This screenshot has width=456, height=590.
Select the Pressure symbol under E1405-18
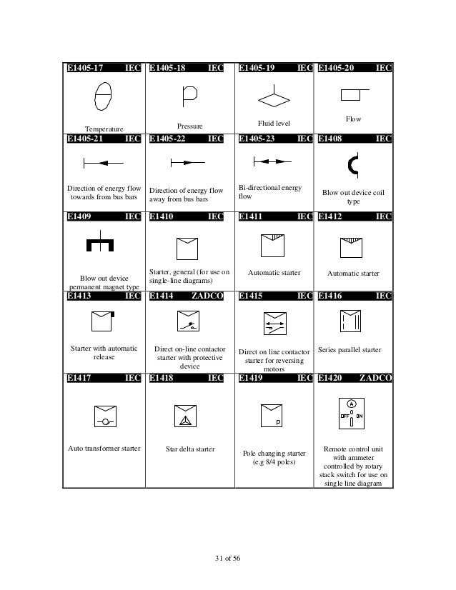click(189, 94)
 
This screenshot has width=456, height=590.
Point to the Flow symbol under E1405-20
click(354, 94)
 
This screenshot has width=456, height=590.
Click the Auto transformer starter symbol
click(104, 417)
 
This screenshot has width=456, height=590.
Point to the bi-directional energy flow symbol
click(272, 163)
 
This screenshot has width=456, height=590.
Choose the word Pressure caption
click(189, 126)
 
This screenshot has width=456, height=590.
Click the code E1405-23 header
click(257, 139)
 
